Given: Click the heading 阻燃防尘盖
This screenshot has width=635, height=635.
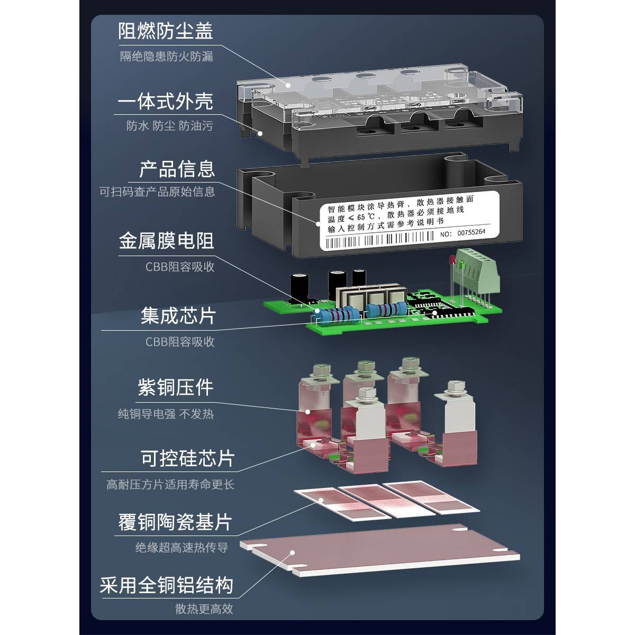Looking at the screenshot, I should click(x=166, y=30).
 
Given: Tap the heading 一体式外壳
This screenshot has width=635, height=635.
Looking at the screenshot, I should click(x=165, y=101).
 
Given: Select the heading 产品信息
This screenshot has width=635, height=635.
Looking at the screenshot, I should click(x=177, y=169).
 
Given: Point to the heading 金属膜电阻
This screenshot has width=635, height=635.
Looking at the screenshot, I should click(x=166, y=241).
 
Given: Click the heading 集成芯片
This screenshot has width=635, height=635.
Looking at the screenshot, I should click(x=178, y=316).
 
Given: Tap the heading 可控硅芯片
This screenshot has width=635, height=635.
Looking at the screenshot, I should click(x=187, y=458).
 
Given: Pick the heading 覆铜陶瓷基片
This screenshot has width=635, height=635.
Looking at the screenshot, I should click(x=175, y=522).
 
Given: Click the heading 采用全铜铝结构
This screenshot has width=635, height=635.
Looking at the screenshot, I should click(x=166, y=586).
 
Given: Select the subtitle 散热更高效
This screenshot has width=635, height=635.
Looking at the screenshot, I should click(x=204, y=610).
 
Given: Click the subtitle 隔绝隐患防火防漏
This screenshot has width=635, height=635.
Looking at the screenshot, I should click(x=166, y=56).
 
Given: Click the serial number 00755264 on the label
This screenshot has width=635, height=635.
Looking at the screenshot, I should click(x=471, y=232).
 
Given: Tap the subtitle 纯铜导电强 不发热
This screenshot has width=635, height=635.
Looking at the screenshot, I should click(x=166, y=414).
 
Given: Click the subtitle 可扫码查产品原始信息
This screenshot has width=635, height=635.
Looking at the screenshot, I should click(x=157, y=192).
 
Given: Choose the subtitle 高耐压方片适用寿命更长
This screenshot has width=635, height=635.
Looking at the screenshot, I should click(x=170, y=484).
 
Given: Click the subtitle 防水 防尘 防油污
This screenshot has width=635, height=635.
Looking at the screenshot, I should click(x=169, y=126).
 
